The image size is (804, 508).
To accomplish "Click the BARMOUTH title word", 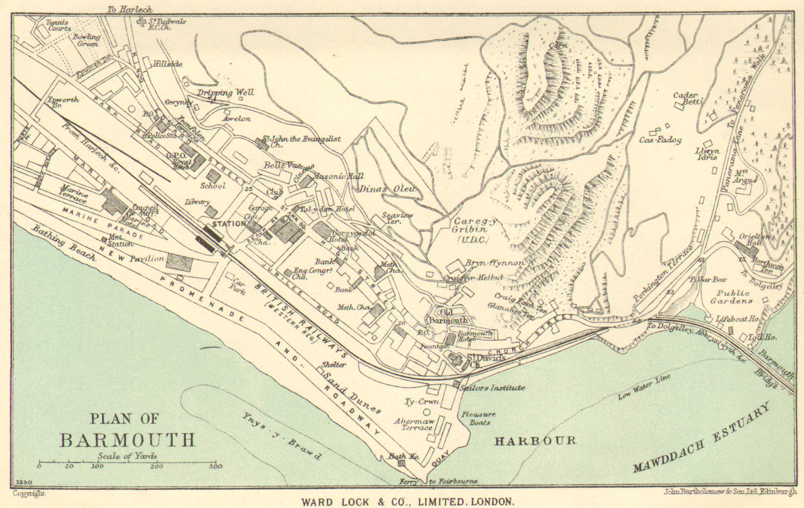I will (x=127, y=440).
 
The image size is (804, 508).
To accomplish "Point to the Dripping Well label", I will (x=226, y=92).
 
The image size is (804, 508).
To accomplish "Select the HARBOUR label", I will (x=535, y=441).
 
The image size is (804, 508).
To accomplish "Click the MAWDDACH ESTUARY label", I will (x=701, y=439).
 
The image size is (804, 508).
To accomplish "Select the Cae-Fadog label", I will (x=660, y=140).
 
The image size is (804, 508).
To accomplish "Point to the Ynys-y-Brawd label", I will (x=281, y=436).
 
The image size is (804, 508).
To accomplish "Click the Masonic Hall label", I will (x=338, y=176).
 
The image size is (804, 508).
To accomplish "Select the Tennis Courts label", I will (x=58, y=26).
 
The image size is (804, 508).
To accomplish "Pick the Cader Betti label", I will (x=686, y=99).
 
